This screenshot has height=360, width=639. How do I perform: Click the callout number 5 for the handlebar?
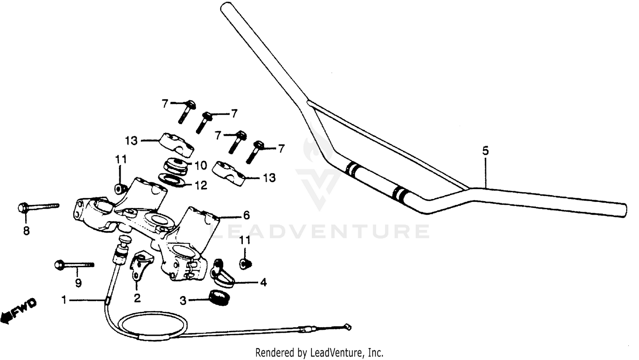486,151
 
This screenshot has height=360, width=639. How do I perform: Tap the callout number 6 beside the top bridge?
246,216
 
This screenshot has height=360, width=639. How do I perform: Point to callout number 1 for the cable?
64,301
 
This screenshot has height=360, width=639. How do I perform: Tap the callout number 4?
263,282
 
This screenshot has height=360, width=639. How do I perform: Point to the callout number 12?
201,186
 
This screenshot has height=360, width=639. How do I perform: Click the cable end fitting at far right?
348,327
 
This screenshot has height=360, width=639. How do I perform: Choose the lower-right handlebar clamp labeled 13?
230,172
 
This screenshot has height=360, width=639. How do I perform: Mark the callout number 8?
26,231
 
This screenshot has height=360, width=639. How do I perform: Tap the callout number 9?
78,282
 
